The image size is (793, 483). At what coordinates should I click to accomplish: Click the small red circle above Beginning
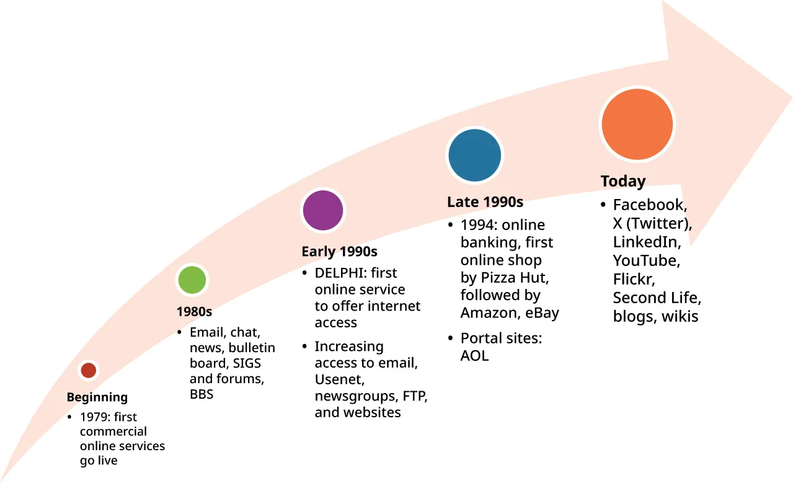[89, 370]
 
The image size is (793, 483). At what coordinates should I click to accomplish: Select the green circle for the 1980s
[192, 280]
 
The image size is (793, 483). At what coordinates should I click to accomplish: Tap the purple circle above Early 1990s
[322, 210]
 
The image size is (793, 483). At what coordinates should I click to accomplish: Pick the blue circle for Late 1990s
[474, 155]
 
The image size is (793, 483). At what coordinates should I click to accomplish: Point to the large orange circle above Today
[637, 124]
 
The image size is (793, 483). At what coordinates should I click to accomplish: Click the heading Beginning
[97, 397]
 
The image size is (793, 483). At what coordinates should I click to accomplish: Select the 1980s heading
[194, 312]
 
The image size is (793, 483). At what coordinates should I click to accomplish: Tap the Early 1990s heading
[339, 252]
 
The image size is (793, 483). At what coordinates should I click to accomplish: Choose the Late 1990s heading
[485, 202]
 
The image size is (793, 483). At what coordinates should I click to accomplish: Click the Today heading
[623, 182]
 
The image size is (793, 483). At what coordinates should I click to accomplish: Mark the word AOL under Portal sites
[474, 356]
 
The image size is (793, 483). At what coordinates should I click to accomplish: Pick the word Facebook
[649, 205]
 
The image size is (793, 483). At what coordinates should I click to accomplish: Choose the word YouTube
[646, 260]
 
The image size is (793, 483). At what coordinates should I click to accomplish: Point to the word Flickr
[634, 279]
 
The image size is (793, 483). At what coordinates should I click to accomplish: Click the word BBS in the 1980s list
[202, 394]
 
